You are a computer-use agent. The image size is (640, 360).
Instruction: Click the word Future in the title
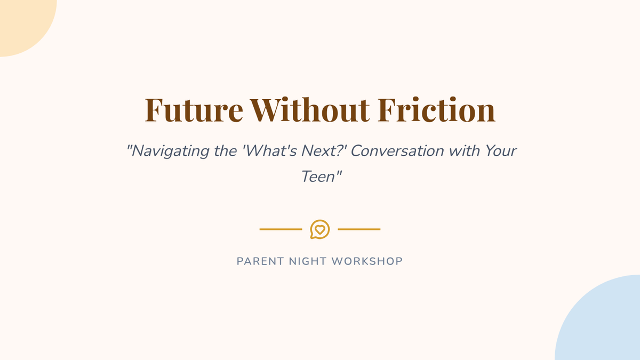194,110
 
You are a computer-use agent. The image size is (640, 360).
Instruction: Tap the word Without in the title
310,109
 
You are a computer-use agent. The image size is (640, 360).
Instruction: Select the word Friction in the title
436,109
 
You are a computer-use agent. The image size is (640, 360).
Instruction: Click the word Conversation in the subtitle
397,150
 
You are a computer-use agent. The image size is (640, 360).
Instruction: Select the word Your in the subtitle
501,150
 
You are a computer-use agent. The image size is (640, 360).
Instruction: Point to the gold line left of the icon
281,229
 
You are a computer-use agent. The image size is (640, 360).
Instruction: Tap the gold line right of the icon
359,229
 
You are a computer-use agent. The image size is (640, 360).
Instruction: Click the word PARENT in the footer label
260,261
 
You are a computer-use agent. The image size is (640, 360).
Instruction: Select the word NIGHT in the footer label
308,261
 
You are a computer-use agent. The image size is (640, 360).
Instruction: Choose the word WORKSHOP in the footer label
367,261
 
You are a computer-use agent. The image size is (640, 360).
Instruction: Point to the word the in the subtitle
226,150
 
